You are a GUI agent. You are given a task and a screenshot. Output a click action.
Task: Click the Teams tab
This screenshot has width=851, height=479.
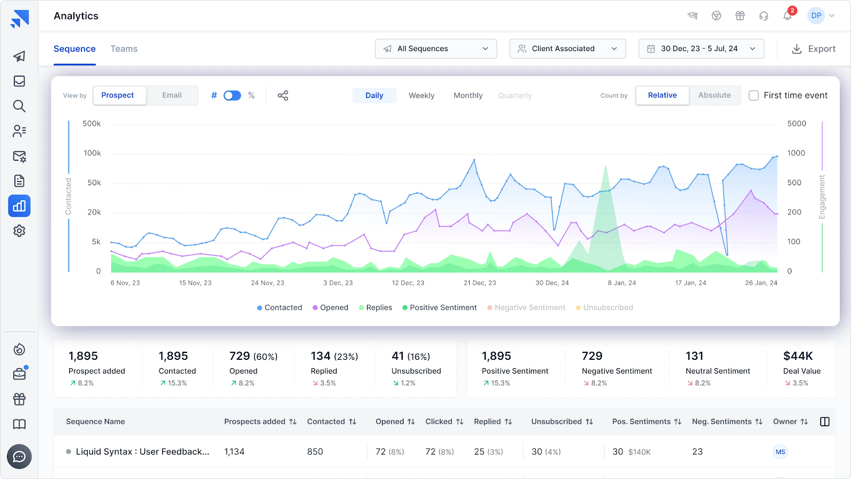pyautogui.click(x=124, y=49)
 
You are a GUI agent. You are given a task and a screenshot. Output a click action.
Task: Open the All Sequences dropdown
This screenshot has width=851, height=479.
pyautogui.click(x=436, y=48)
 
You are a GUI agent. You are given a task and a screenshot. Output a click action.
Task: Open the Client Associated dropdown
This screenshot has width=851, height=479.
pyautogui.click(x=567, y=48)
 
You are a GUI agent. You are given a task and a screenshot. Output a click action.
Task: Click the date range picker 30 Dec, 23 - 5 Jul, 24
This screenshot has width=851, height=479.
pyautogui.click(x=701, y=48)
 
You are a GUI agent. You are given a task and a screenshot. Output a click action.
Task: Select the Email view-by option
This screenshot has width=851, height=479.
pyautogui.click(x=172, y=95)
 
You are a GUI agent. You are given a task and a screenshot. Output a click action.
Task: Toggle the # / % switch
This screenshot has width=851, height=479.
pyautogui.click(x=232, y=95)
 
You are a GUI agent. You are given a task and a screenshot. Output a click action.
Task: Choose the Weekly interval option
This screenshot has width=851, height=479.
pyautogui.click(x=421, y=95)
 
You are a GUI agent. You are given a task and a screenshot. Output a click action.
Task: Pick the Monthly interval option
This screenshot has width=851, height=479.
pyautogui.click(x=468, y=95)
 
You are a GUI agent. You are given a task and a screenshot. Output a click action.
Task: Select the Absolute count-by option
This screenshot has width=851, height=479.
pyautogui.click(x=714, y=95)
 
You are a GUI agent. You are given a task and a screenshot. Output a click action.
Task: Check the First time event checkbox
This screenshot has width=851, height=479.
pyautogui.click(x=754, y=95)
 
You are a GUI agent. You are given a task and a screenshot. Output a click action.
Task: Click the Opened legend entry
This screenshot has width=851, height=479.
pyautogui.click(x=330, y=308)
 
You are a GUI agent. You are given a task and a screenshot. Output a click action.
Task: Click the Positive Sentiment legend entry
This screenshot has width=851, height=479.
pyautogui.click(x=439, y=308)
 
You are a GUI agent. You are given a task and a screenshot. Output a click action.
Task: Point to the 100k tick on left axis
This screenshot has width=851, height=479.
pyautogui.click(x=92, y=153)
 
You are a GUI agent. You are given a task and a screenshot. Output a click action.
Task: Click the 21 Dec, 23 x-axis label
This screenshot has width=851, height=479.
pyautogui.click(x=480, y=283)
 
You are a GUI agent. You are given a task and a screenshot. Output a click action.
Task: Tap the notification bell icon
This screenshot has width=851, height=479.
pyautogui.click(x=787, y=16)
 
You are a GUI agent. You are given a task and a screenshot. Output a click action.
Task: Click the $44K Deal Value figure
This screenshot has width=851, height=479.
pyautogui.click(x=798, y=356)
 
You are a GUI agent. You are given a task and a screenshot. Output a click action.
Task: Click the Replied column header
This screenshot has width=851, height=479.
pyautogui.click(x=488, y=422)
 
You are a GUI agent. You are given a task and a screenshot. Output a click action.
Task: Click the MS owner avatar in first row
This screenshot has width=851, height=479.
pyautogui.click(x=780, y=452)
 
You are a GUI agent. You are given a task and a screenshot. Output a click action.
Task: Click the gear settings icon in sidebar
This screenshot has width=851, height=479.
pyautogui.click(x=19, y=231)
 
